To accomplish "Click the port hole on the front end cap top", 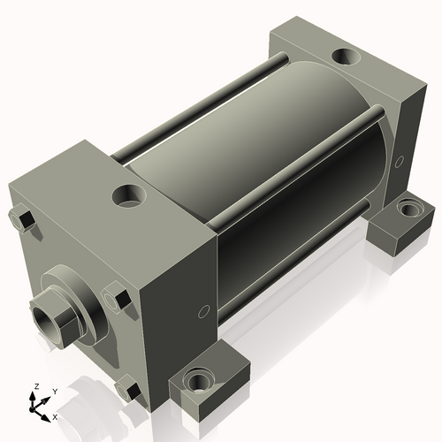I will tap(130, 192).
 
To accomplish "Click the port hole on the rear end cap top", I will tap(344, 59).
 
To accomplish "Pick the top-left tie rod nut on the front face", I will tap(20, 217).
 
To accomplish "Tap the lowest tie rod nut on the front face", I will tap(127, 388).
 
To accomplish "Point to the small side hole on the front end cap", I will tap(203, 311).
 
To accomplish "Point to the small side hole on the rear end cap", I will tap(400, 161).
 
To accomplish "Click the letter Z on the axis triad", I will tap(36, 386).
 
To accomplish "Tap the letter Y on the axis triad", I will tap(54, 390).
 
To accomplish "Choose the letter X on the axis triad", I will tap(55, 415).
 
